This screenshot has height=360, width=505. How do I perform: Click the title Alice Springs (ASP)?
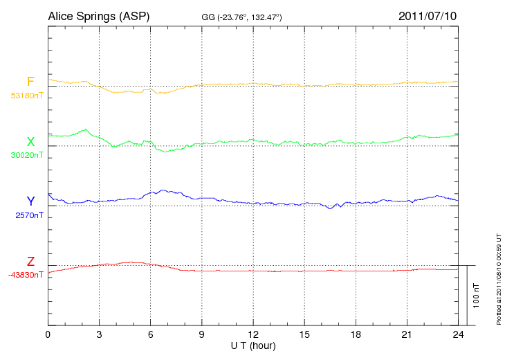(x=98, y=15)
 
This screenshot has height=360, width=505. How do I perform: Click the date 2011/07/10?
(x=428, y=15)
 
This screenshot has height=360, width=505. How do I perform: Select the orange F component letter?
(x=30, y=82)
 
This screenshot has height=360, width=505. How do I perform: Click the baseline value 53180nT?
(x=26, y=96)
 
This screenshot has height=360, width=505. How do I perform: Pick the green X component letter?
(x=30, y=141)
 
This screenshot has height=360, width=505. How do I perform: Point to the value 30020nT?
(x=26, y=155)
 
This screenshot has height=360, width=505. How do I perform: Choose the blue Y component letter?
(x=30, y=201)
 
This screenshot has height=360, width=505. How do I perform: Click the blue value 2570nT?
(x=29, y=215)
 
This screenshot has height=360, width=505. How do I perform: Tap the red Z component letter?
(x=30, y=261)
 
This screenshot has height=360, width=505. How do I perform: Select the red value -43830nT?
(x=26, y=275)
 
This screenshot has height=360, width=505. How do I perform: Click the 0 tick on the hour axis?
(x=48, y=334)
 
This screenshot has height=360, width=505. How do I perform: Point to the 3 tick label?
(x=100, y=334)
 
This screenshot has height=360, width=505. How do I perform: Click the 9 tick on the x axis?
(x=202, y=334)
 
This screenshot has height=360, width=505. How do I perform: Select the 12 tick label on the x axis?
(x=253, y=334)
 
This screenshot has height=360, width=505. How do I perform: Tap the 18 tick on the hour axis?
(x=356, y=334)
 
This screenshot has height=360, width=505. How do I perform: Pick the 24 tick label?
(x=458, y=334)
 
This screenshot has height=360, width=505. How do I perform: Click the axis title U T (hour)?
(x=252, y=345)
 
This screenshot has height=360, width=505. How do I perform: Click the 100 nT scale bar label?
(x=477, y=295)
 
